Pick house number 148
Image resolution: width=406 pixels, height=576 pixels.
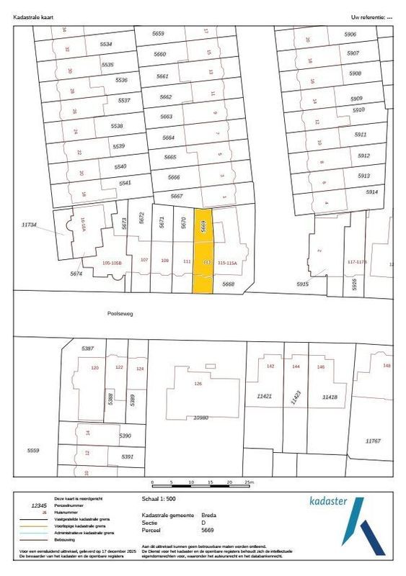[387, 366]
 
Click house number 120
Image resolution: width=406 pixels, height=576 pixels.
[94, 368]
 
